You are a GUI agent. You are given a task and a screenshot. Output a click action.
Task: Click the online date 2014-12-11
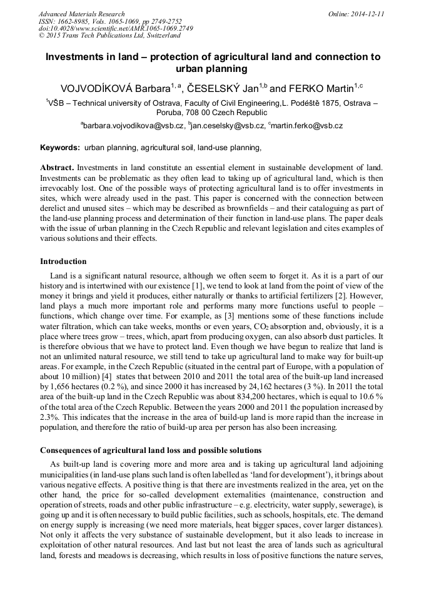367,14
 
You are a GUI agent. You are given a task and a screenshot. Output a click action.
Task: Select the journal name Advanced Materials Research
82,14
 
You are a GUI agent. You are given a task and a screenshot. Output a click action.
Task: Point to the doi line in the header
116,28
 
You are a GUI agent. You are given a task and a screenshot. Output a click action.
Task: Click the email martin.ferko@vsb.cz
307,126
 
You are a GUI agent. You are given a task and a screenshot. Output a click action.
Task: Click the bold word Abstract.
57,168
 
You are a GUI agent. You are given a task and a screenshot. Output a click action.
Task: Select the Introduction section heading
63,261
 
